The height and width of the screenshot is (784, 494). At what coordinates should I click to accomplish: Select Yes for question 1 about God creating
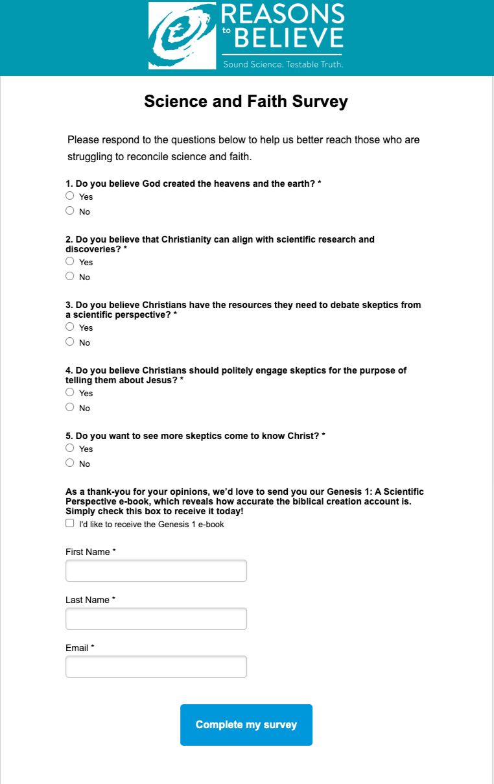(x=70, y=196)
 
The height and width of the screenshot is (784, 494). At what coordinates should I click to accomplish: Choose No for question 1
(x=70, y=211)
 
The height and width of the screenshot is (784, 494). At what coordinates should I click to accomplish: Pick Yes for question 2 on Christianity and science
(x=70, y=261)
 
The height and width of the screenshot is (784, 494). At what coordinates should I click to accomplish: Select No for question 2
(x=70, y=276)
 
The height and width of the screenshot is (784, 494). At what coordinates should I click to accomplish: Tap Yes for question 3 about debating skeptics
(x=70, y=327)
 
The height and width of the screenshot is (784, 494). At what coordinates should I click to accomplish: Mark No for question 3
(x=70, y=342)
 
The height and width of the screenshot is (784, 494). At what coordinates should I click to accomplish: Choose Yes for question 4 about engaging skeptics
(x=70, y=392)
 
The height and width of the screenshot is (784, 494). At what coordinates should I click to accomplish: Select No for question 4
(x=70, y=407)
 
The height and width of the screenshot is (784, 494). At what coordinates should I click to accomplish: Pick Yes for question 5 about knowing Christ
(x=70, y=448)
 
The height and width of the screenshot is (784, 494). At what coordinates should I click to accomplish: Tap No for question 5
(x=70, y=463)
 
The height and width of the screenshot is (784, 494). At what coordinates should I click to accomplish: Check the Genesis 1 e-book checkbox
(x=70, y=523)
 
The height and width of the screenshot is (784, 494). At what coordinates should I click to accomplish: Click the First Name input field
(x=156, y=571)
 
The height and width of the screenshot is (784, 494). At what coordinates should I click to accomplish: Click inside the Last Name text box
(x=156, y=619)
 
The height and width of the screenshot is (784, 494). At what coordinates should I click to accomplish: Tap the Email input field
(x=156, y=667)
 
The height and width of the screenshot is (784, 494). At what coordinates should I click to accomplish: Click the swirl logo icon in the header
(x=182, y=36)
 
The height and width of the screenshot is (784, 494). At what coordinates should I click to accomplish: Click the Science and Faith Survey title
(x=246, y=101)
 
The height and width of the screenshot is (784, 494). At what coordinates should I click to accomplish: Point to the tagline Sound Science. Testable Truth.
(x=283, y=64)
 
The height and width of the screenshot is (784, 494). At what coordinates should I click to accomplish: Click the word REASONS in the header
(x=283, y=14)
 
